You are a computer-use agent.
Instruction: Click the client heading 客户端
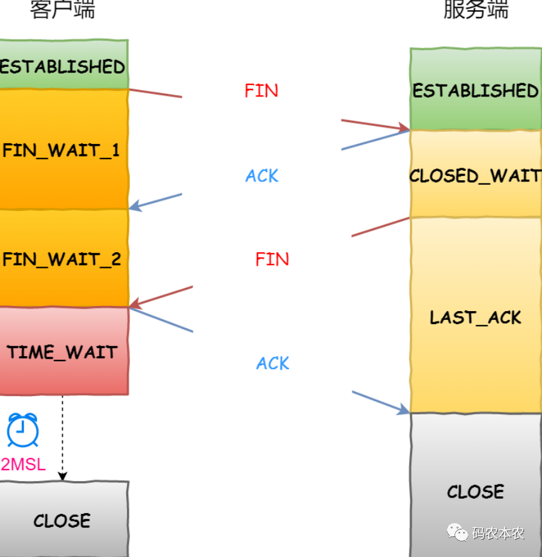point(63,10)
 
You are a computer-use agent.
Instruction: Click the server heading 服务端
point(476,10)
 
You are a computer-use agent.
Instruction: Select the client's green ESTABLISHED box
point(63,66)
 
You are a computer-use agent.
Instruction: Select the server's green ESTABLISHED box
point(475,90)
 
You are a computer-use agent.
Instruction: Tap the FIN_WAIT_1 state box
point(63,150)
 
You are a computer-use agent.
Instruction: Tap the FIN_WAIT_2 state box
point(63,258)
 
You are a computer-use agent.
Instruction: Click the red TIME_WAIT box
point(63,352)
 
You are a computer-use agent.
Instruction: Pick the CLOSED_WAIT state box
point(475,175)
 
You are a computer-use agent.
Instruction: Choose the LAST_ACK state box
point(475,317)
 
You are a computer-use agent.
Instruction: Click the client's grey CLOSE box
point(63,519)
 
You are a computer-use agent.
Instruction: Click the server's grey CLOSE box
point(475,491)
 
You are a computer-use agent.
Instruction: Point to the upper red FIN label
point(261,91)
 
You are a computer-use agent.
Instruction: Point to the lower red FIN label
point(272,259)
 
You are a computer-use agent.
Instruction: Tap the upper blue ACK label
point(261,176)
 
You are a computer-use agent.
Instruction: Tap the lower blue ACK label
point(273,363)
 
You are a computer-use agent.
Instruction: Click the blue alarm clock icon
point(23,431)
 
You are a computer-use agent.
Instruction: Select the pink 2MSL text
point(23,464)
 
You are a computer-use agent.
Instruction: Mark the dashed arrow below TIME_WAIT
point(63,438)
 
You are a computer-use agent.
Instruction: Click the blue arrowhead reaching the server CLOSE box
point(404,411)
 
